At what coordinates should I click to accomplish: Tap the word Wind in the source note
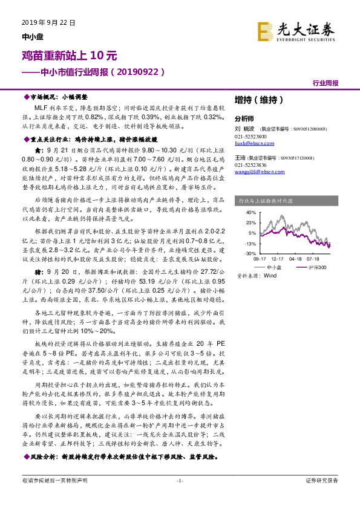(x=269, y=275)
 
